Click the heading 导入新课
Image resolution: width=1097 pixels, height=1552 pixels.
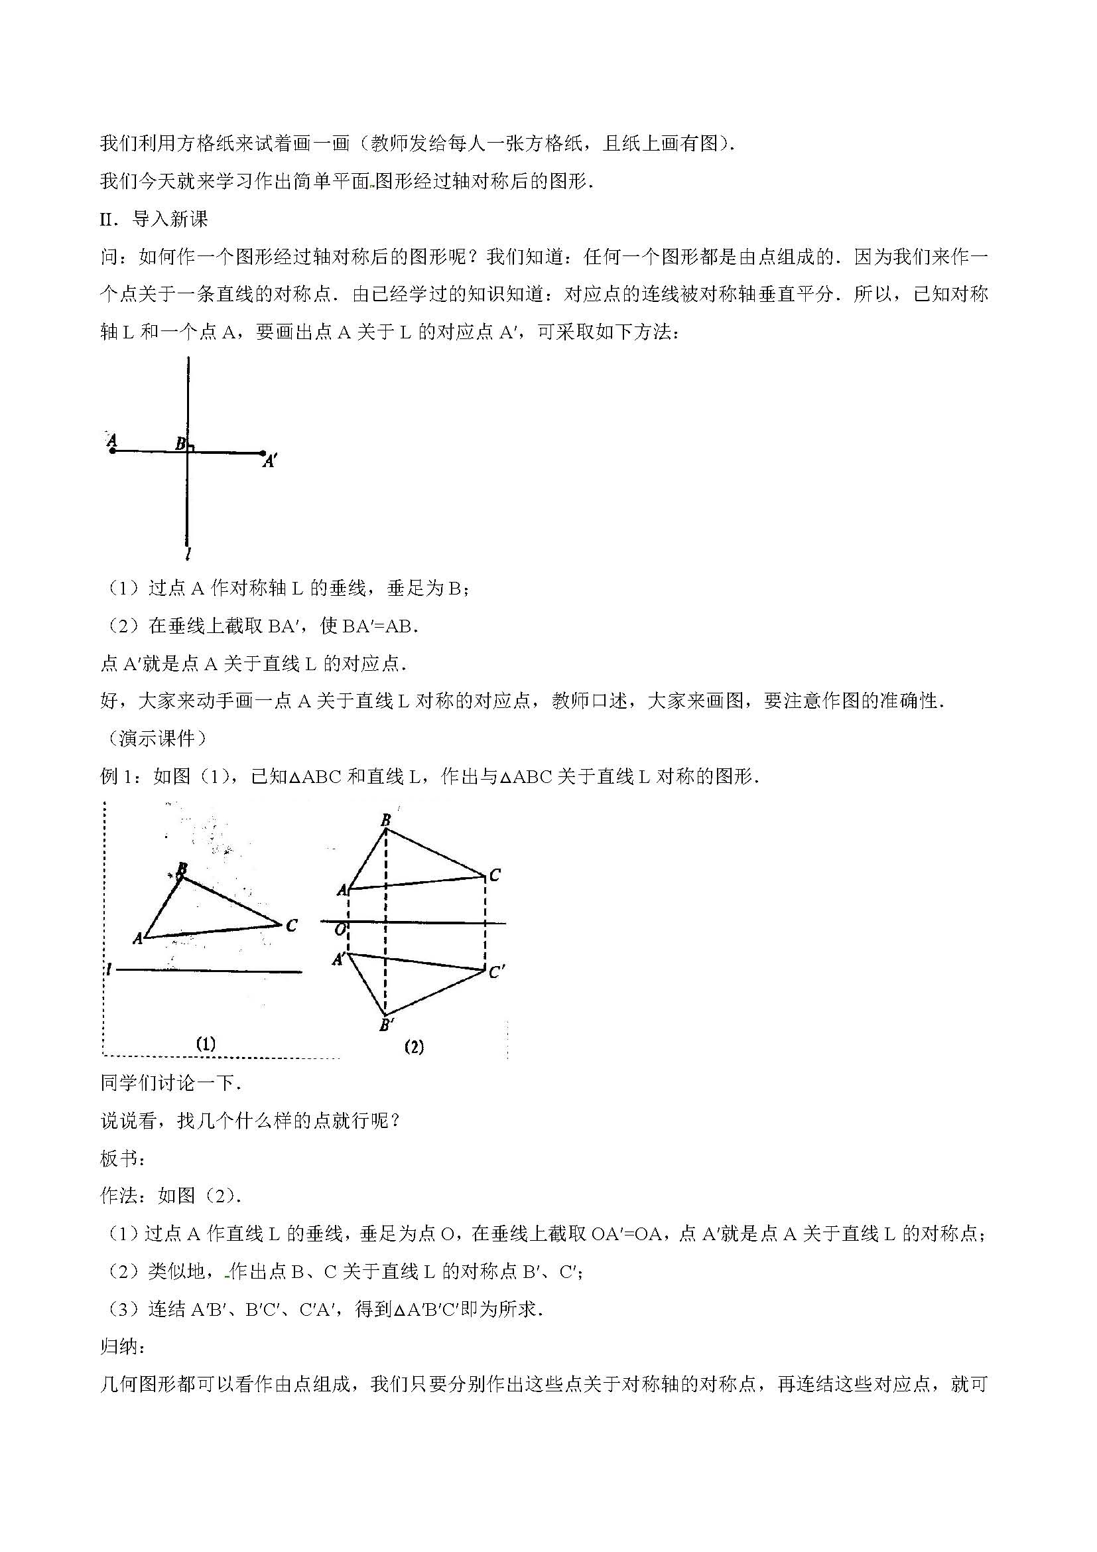tap(170, 219)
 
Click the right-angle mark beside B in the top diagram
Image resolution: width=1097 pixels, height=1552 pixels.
tap(191, 447)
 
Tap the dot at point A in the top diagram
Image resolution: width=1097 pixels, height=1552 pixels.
tap(112, 451)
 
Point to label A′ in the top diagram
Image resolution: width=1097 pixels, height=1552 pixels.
tap(270, 462)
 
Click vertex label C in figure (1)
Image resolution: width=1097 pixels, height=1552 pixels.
tap(291, 926)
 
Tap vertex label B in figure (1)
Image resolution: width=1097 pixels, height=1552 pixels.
tap(182, 869)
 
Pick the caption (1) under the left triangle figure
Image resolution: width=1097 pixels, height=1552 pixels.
tap(206, 1044)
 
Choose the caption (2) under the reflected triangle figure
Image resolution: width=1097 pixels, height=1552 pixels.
tap(413, 1047)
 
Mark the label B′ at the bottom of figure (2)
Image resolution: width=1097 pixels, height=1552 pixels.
tap(387, 1025)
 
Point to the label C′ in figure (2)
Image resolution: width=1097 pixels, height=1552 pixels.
tap(497, 972)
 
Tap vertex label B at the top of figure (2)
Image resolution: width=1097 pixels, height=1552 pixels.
tap(386, 821)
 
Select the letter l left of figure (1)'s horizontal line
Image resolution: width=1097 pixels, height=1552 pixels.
tap(108, 970)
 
